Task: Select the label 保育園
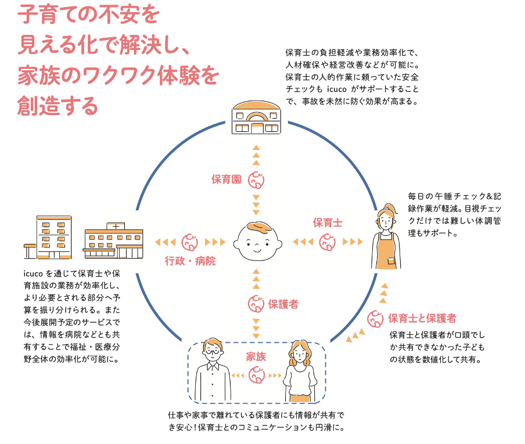pyautogui.click(x=226, y=180)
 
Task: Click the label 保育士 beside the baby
pyautogui.click(x=328, y=222)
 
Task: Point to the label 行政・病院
pyautogui.click(x=190, y=262)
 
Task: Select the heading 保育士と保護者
pyautogui.click(x=422, y=318)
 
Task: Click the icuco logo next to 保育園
pyautogui.click(x=256, y=181)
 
